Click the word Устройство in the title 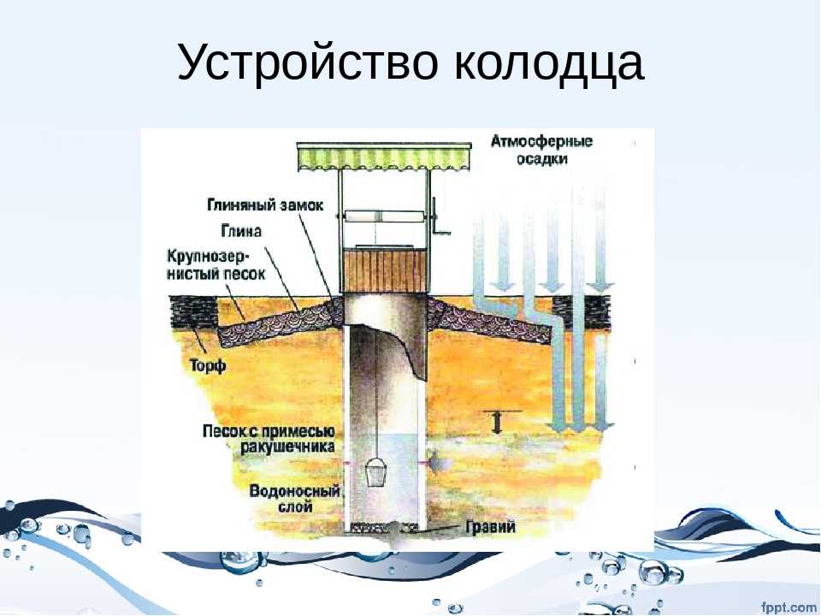pyautogui.click(x=307, y=62)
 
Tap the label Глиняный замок pyautogui.click(x=265, y=204)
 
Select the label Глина pyautogui.click(x=241, y=230)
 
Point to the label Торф pyautogui.click(x=207, y=364)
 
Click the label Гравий pyautogui.click(x=490, y=526)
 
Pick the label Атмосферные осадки pyautogui.click(x=541, y=149)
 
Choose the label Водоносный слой pyautogui.click(x=295, y=499)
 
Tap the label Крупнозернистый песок pyautogui.click(x=216, y=265)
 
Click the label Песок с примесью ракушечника pyautogui.click(x=269, y=439)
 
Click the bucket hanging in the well pyautogui.click(x=375, y=472)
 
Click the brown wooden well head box pyautogui.click(x=384, y=270)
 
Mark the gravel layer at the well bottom pyautogui.click(x=384, y=526)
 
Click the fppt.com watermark pyautogui.click(x=789, y=607)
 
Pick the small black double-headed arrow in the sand pyautogui.click(x=497, y=422)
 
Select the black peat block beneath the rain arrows pyautogui.click(x=582, y=313)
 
